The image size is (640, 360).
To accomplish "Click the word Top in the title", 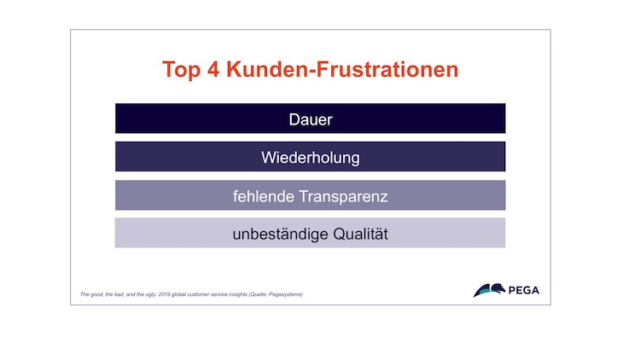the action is (x=181, y=70).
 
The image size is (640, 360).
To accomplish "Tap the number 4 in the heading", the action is (x=213, y=69).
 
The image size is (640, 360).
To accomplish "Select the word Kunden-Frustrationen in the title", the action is (x=342, y=69).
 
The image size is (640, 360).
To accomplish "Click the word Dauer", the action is (x=311, y=119).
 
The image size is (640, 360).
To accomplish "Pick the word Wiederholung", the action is (x=311, y=158).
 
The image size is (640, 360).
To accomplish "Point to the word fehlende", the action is (x=264, y=196).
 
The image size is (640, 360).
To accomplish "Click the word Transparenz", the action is (x=343, y=197).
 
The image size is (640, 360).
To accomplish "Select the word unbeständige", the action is (x=280, y=235).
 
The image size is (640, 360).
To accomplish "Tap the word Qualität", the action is (x=360, y=234).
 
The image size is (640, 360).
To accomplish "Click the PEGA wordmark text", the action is (x=524, y=290).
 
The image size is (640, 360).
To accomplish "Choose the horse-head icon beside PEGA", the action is (x=490, y=290).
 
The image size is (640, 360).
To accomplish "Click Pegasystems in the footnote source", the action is (x=285, y=294).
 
